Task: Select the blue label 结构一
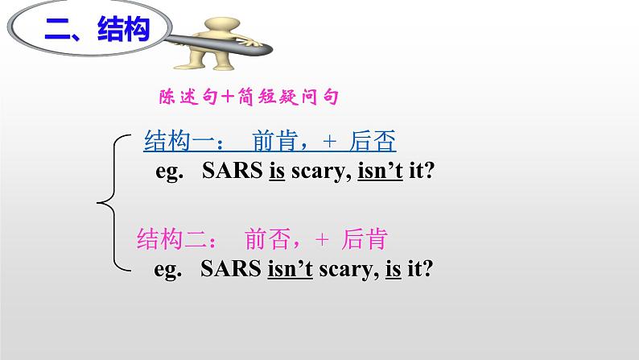tap(176, 142)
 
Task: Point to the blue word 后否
tap(373, 142)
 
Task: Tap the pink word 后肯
tap(365, 239)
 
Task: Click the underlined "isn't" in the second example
tap(290, 269)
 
